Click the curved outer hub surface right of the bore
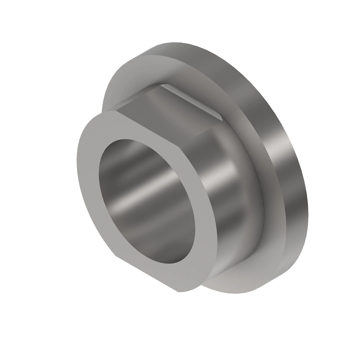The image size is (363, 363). [x=224, y=197]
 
